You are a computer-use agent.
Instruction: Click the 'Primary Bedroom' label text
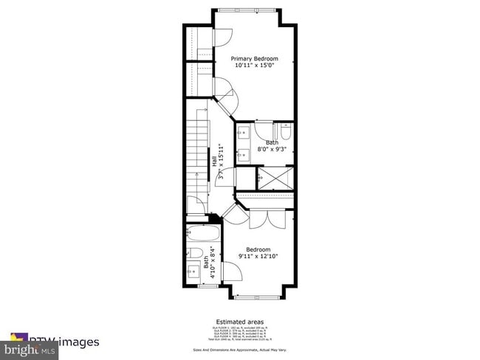pyautogui.click(x=255, y=58)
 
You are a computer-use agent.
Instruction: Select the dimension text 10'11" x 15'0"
pyautogui.click(x=255, y=66)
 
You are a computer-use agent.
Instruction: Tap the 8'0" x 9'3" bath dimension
pyautogui.click(x=272, y=150)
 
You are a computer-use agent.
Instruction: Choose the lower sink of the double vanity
pyautogui.click(x=244, y=155)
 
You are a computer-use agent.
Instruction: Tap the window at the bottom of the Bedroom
pyautogui.click(x=258, y=297)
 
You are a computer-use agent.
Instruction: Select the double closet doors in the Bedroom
pyautogui.click(x=267, y=218)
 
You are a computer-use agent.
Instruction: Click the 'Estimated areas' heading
pyautogui.click(x=240, y=322)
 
